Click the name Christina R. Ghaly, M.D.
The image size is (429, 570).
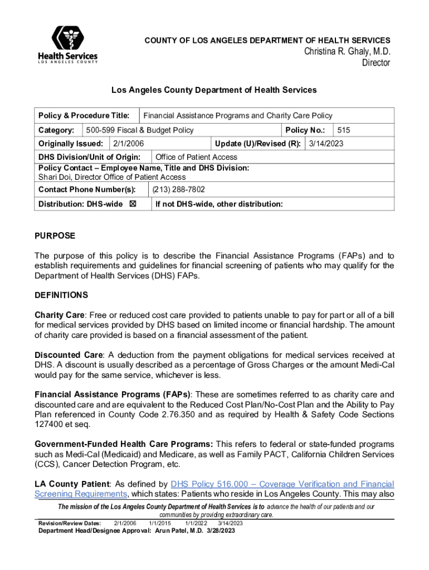click(x=347, y=51)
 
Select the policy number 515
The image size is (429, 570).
click(x=344, y=130)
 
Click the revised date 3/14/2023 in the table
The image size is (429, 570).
click(x=326, y=144)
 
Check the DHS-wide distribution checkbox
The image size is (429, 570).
click(x=133, y=204)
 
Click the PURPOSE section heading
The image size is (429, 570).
click(x=55, y=236)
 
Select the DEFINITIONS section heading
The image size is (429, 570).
click(x=61, y=295)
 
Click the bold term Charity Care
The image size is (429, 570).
click(x=59, y=315)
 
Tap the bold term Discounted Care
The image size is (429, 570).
click(x=69, y=355)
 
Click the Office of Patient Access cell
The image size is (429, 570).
click(x=196, y=157)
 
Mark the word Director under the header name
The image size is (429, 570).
click(x=376, y=63)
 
